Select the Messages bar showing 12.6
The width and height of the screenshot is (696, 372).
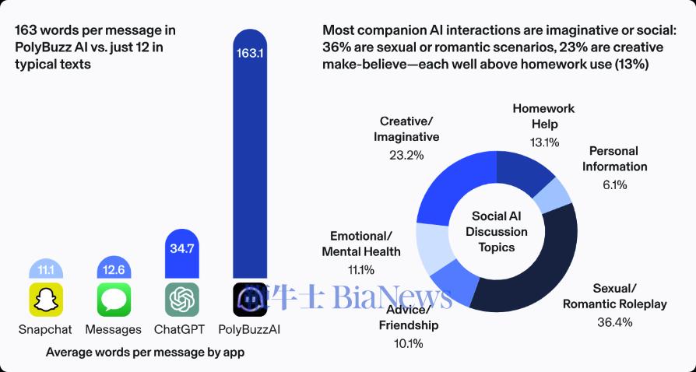[114, 270]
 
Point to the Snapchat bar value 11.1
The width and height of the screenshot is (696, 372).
[46, 270]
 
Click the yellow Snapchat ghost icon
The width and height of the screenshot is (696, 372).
[46, 300]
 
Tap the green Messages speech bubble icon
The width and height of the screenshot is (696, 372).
[114, 300]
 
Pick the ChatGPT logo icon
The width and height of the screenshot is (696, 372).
[182, 300]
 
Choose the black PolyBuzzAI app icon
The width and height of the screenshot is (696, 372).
[251, 300]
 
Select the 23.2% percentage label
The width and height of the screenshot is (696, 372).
[406, 155]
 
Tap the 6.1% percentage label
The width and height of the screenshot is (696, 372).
[613, 184]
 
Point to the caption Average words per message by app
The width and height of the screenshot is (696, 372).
[145, 353]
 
